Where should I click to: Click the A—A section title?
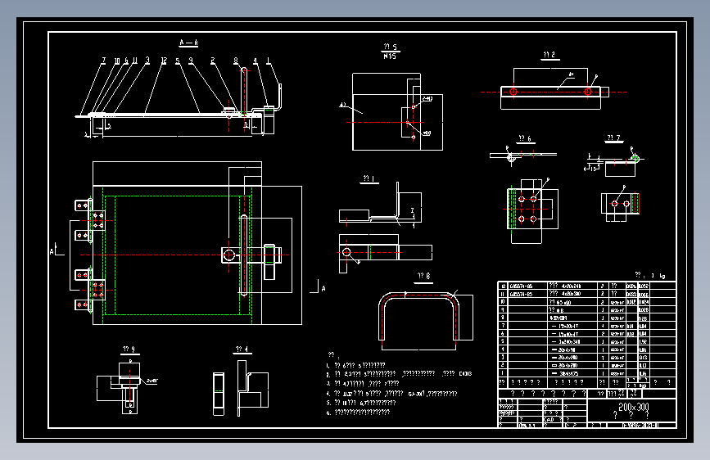click(x=189, y=41)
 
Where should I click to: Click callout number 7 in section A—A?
click(x=104, y=61)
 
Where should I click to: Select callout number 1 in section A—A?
click(x=279, y=61)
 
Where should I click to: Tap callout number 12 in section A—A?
click(x=165, y=61)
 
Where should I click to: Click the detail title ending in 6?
click(x=525, y=138)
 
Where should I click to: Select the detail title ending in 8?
click(x=423, y=276)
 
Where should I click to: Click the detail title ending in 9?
click(x=127, y=350)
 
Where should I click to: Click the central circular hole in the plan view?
click(x=228, y=255)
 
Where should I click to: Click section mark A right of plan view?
click(x=323, y=288)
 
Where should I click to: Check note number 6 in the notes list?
click(x=328, y=413)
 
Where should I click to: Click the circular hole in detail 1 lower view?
click(x=346, y=251)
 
